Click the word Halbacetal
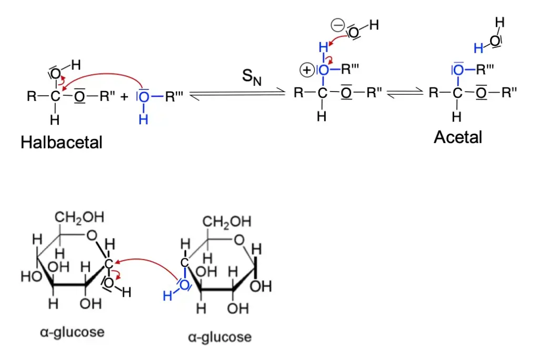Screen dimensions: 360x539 coord(62,142)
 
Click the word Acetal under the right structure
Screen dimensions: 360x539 coord(458,137)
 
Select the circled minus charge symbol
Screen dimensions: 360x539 coord(337,25)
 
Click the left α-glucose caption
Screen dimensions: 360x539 coord(72,332)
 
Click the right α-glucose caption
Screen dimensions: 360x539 coord(219,336)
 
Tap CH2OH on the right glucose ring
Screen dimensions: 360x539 coord(227,222)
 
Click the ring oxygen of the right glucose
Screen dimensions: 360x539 coord(240,241)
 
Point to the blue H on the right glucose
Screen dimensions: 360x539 coord(167,296)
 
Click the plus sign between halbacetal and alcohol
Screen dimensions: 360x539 coord(124,97)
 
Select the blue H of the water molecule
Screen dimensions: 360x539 coord(478,48)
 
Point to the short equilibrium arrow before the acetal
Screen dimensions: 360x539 coord(405,94)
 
